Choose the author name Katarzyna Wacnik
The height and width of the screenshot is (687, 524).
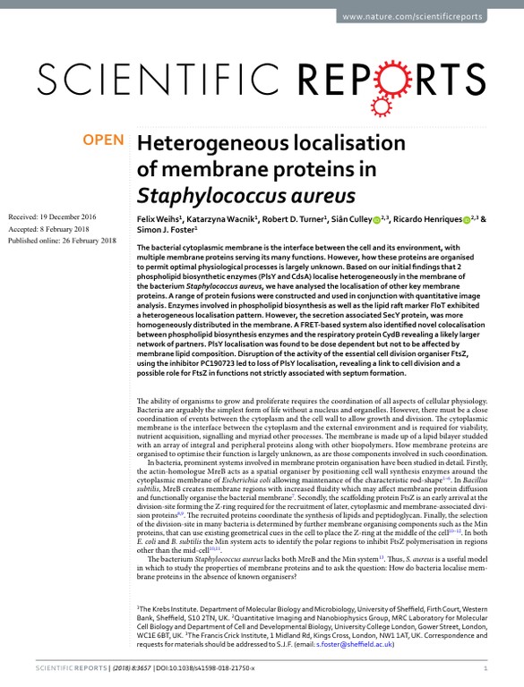coord(220,218)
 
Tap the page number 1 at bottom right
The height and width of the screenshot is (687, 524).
coord(485,667)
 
